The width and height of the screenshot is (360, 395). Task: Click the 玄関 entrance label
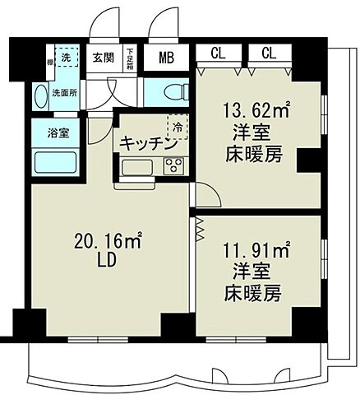pyautogui.click(x=103, y=58)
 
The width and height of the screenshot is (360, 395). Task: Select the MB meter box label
pyautogui.click(x=166, y=58)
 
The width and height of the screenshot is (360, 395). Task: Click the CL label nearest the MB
pyautogui.click(x=219, y=53)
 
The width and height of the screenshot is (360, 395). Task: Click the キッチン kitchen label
pyautogui.click(x=148, y=143)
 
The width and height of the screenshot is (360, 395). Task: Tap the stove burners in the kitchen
pyautogui.click(x=173, y=166)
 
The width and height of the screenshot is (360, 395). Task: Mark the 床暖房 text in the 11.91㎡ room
pyautogui.click(x=256, y=295)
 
